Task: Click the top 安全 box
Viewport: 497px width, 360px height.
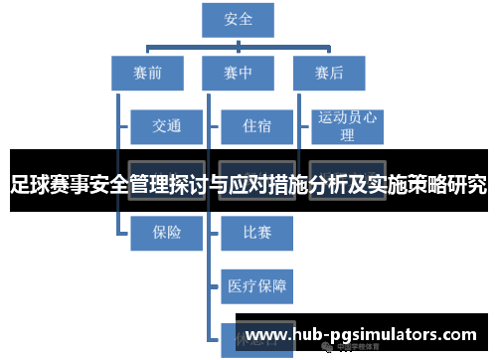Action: tap(239, 18)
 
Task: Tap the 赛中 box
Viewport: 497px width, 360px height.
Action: tap(239, 73)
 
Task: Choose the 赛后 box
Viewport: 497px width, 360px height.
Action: tap(329, 73)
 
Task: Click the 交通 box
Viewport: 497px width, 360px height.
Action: tap(167, 126)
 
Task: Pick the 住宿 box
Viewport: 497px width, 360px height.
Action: tap(256, 126)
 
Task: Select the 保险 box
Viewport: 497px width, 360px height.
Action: tap(167, 233)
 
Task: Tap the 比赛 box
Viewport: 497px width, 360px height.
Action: tap(256, 233)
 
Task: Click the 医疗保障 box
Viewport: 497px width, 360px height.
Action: tap(256, 286)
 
